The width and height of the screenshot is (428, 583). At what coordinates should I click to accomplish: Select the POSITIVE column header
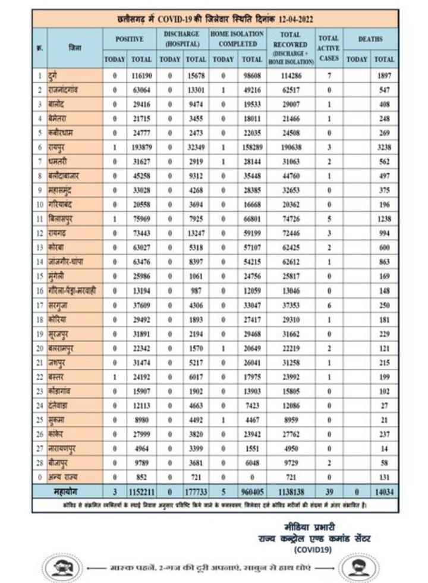(x=129, y=39)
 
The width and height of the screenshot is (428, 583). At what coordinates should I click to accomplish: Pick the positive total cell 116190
(x=141, y=77)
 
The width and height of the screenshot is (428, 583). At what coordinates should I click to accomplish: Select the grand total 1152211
(x=141, y=491)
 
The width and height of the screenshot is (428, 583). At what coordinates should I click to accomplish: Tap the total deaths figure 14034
(x=384, y=491)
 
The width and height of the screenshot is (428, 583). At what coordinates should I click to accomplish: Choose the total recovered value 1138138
(x=290, y=491)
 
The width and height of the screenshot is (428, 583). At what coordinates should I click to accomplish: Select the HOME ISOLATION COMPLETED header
(x=237, y=39)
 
